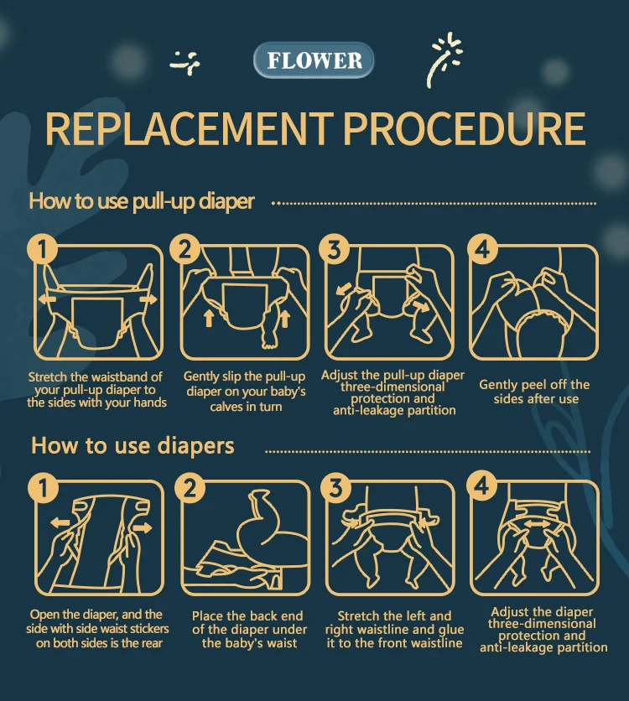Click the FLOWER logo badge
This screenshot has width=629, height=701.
point(314,60)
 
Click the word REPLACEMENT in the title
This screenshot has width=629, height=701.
point(190,129)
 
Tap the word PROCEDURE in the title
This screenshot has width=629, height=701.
point(465,129)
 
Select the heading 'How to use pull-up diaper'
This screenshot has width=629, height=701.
point(141,201)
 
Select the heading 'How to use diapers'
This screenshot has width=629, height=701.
point(133,446)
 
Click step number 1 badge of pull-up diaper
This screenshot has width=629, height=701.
point(42,248)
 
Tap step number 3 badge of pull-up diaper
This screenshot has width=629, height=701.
point(334,248)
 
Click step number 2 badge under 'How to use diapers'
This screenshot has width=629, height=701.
point(190,487)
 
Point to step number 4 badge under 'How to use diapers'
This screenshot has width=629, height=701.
point(481,486)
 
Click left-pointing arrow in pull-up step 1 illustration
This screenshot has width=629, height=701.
point(46,299)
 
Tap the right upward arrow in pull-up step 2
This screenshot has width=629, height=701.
point(284,318)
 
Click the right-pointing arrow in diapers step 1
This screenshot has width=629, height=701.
point(143,528)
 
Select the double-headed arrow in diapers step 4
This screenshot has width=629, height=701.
point(538,524)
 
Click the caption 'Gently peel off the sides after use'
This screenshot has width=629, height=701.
point(535,392)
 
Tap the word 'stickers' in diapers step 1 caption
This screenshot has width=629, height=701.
point(147,629)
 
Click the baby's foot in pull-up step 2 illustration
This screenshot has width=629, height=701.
point(269,340)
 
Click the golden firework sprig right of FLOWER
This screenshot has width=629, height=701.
point(444,59)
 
